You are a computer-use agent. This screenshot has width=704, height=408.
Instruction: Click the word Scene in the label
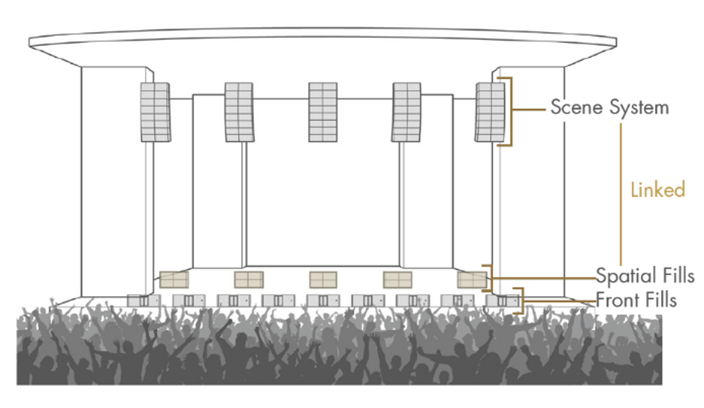coord(577,107)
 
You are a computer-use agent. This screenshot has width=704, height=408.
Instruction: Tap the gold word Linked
coord(658,190)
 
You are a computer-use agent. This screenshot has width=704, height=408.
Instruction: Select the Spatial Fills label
coord(645,276)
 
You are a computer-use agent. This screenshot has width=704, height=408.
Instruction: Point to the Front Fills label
coord(636,300)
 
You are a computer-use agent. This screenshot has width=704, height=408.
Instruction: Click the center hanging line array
coord(323,112)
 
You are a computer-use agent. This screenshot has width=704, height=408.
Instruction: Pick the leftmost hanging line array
coord(155,112)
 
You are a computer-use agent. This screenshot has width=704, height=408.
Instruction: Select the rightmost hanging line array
coord(490,112)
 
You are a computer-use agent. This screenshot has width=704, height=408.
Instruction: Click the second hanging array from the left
coord(239,112)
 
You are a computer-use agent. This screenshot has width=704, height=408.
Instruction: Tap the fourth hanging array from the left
coord(406,112)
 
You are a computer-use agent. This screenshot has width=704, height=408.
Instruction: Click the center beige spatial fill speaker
coord(323,280)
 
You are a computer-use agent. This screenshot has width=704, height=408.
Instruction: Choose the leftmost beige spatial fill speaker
coord(174,280)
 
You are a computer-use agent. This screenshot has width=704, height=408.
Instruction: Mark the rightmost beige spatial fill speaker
coord(472,280)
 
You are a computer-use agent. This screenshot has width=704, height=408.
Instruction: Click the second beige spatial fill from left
coord(249,280)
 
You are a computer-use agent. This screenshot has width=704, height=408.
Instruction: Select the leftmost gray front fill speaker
coord(144,301)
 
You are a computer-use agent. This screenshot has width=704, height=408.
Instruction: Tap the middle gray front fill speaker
coord(323,301)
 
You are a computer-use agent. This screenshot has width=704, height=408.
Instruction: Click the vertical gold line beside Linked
coord(621,194)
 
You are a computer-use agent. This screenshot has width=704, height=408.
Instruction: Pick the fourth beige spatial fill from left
coord(397,280)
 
